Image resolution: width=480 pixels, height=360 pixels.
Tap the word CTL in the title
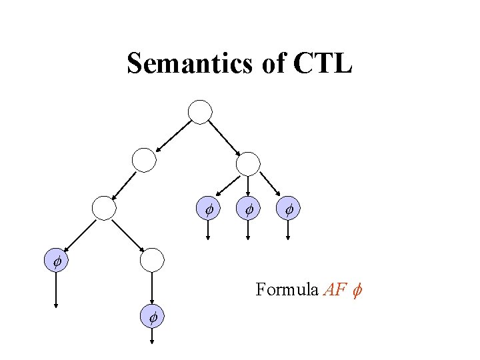click(x=321, y=64)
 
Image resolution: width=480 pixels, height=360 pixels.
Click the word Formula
click(x=287, y=290)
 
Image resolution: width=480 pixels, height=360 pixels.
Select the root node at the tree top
click(x=200, y=111)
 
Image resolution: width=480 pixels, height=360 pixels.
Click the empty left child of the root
click(x=144, y=160)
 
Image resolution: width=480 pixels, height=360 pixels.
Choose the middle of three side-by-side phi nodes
click(x=249, y=209)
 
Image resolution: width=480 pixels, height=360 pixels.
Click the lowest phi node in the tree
click(x=153, y=318)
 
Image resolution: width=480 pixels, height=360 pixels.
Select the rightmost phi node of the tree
click(x=289, y=209)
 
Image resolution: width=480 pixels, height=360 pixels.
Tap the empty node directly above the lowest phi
click(x=153, y=259)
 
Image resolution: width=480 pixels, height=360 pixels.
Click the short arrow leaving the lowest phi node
click(x=153, y=337)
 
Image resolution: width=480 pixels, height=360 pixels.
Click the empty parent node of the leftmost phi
click(x=104, y=208)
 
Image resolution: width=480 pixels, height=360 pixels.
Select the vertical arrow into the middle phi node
click(x=249, y=186)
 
